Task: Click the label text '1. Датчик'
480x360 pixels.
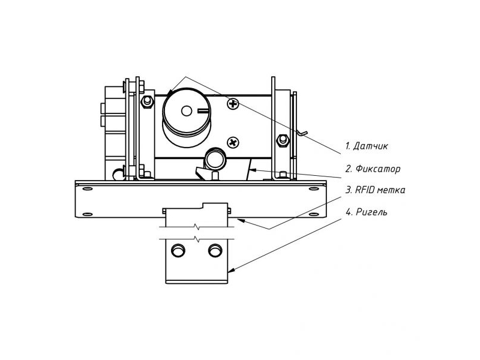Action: point(366,145)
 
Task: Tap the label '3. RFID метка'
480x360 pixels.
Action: point(375,190)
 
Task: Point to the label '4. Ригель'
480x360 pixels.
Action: point(366,212)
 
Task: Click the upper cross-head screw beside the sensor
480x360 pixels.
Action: point(232,104)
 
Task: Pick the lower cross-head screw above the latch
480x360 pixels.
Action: point(233,142)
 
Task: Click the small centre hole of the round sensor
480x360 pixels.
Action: point(186,110)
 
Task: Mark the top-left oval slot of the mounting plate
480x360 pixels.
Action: point(88,188)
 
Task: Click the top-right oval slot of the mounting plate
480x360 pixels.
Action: point(314,188)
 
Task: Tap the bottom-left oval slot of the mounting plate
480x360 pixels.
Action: point(88,214)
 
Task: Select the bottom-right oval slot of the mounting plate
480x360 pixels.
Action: point(314,214)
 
